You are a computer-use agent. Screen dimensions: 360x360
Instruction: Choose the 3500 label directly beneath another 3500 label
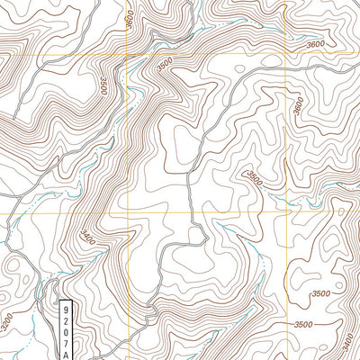[303, 324]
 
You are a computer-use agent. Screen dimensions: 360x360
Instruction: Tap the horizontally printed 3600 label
[315, 44]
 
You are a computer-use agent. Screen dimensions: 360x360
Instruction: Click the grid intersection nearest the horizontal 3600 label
[286, 55]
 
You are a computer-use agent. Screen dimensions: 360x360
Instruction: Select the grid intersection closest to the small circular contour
[286, 213]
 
